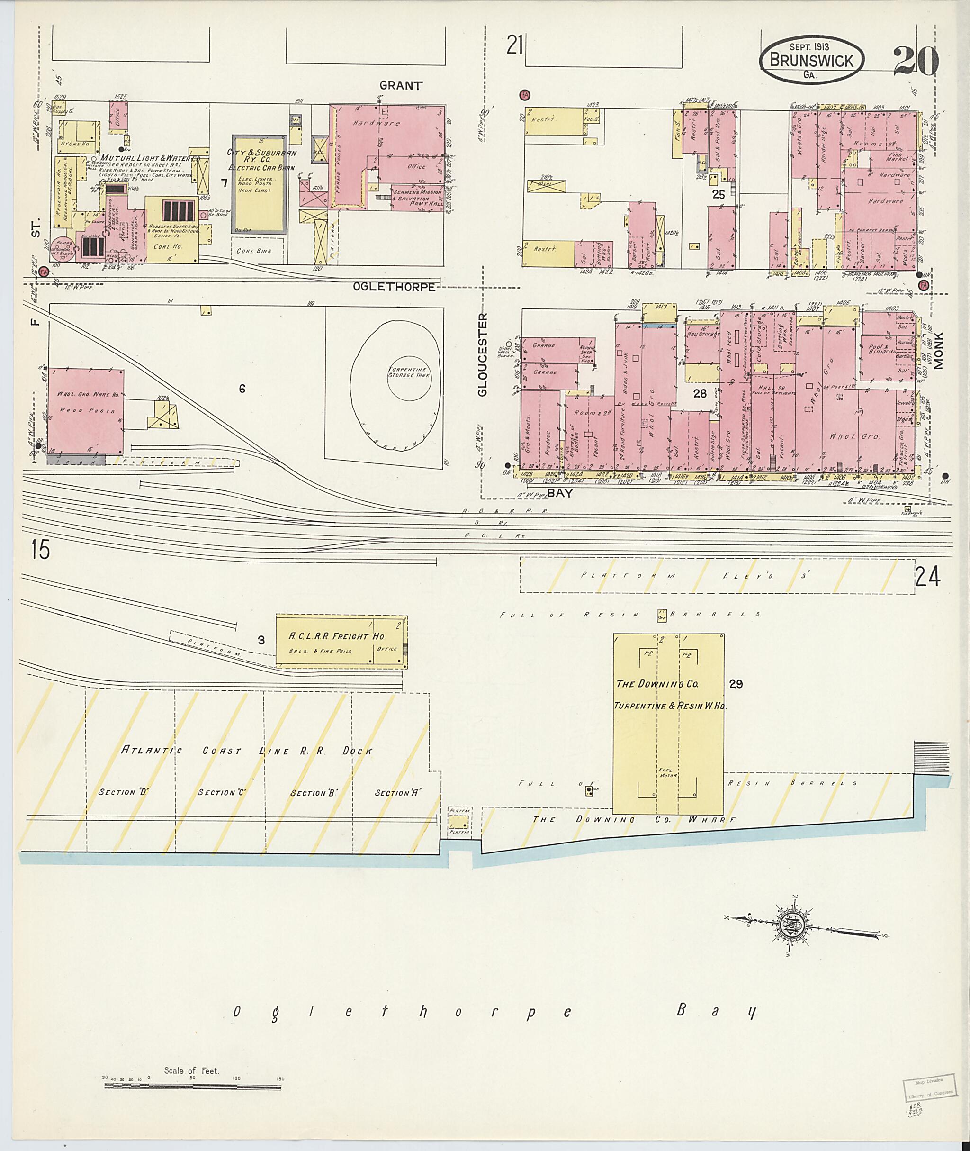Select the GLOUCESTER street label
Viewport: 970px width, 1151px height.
tap(482, 354)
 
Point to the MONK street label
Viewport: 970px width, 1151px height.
tap(938, 351)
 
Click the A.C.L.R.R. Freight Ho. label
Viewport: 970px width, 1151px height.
tap(337, 636)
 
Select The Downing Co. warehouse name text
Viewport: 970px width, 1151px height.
tap(657, 684)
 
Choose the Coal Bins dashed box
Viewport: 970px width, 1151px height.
tap(258, 250)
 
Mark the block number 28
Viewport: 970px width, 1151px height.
tap(700, 393)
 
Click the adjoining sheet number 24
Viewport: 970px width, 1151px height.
tap(928, 577)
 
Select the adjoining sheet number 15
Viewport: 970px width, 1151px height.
tap(40, 550)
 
